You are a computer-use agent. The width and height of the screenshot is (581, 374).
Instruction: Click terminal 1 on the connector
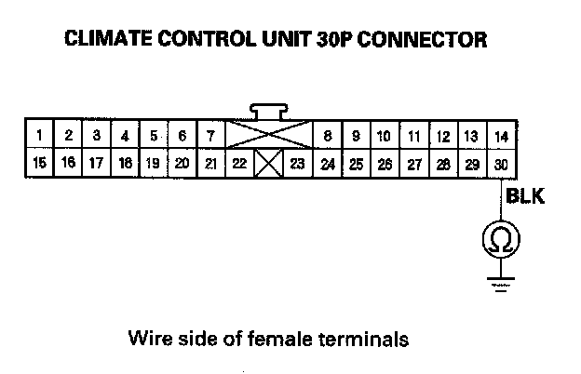[39, 137]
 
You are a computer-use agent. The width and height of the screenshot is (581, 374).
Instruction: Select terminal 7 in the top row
[211, 137]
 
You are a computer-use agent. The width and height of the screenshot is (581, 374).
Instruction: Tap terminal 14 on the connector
[501, 137]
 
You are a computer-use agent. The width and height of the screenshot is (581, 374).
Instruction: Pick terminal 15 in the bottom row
[39, 164]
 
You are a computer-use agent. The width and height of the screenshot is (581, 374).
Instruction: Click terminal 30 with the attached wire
[501, 164]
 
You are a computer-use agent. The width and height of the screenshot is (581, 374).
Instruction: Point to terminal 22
[239, 164]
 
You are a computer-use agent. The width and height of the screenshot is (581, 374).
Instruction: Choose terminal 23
[297, 164]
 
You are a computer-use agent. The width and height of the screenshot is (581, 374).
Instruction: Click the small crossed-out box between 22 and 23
[268, 165]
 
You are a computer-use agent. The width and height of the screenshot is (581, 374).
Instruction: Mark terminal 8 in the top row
[327, 137]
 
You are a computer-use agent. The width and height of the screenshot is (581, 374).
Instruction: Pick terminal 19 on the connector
[154, 164]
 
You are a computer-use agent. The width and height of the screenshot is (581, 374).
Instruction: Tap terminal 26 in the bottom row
[384, 164]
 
